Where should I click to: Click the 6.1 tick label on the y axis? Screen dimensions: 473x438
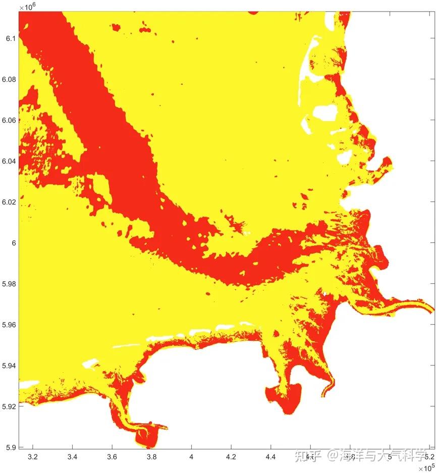pos(11,38)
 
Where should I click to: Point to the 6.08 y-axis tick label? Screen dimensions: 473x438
pos(9,79)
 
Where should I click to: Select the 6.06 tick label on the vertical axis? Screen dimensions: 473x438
pos(9,120)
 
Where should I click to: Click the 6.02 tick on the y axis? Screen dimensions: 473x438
pos(9,202)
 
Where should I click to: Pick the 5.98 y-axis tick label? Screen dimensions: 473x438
pos(9,284)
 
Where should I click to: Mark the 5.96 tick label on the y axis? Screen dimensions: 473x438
pos(9,325)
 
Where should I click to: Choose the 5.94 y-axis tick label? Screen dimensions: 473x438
pos(9,365)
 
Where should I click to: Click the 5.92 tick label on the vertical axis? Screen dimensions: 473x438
pos(9,406)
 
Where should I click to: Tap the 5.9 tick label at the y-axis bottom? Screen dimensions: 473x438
pos(11,447)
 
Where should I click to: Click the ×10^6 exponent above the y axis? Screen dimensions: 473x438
pos(26,6)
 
